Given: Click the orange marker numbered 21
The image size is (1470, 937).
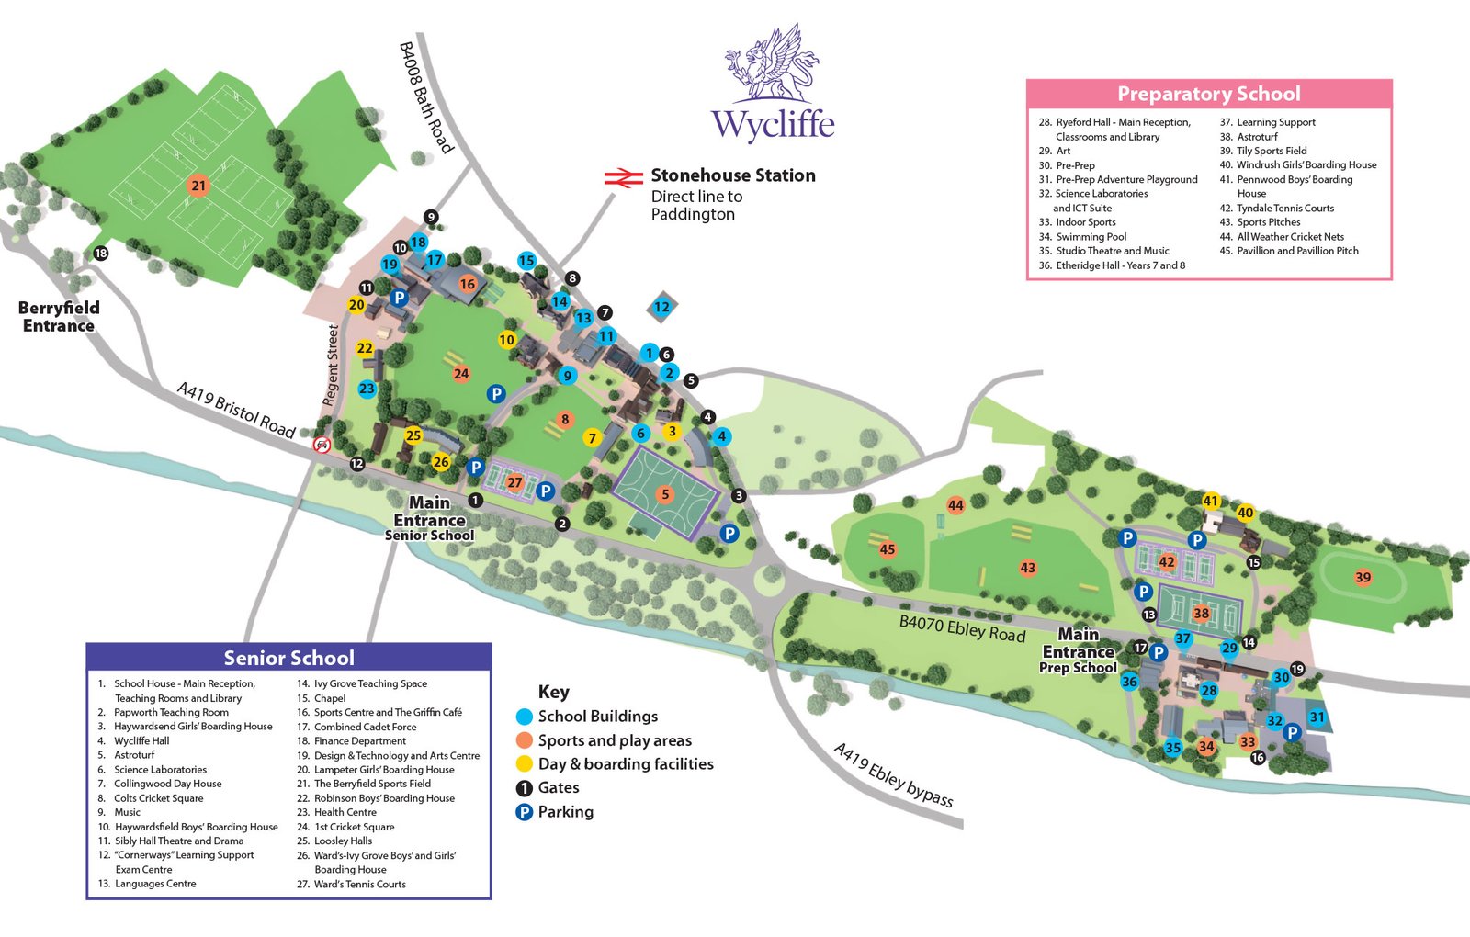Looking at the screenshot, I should pyautogui.click(x=198, y=186).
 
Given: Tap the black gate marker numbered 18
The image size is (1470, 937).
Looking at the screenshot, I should pyautogui.click(x=101, y=254).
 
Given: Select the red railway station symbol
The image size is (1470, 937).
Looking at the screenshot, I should pyautogui.click(x=623, y=177).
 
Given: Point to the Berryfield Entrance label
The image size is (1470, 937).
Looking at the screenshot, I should pyautogui.click(x=59, y=317).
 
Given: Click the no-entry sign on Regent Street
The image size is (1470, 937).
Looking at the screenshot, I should pyautogui.click(x=322, y=446).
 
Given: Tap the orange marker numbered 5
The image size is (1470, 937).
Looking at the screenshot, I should pyautogui.click(x=665, y=494).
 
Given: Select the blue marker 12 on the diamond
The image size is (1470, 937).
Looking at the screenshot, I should pyautogui.click(x=661, y=307).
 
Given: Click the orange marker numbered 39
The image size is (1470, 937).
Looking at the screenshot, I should pyautogui.click(x=1363, y=578).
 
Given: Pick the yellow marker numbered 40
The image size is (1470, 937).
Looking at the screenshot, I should pyautogui.click(x=1246, y=513).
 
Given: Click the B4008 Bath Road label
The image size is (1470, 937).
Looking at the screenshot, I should pyautogui.click(x=426, y=97).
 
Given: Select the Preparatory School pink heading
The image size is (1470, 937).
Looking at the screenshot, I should pyautogui.click(x=1208, y=94).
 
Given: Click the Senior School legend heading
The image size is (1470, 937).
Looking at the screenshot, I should pyautogui.click(x=288, y=658).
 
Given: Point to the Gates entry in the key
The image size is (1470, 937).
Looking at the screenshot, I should pyautogui.click(x=558, y=787).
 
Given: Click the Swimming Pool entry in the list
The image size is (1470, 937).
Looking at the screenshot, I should pyautogui.click(x=1091, y=236).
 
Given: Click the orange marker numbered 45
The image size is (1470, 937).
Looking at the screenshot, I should pyautogui.click(x=887, y=549).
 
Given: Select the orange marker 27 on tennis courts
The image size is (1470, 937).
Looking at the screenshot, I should pyautogui.click(x=514, y=482).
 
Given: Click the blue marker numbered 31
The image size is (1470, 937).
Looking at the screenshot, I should pyautogui.click(x=1317, y=717).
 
